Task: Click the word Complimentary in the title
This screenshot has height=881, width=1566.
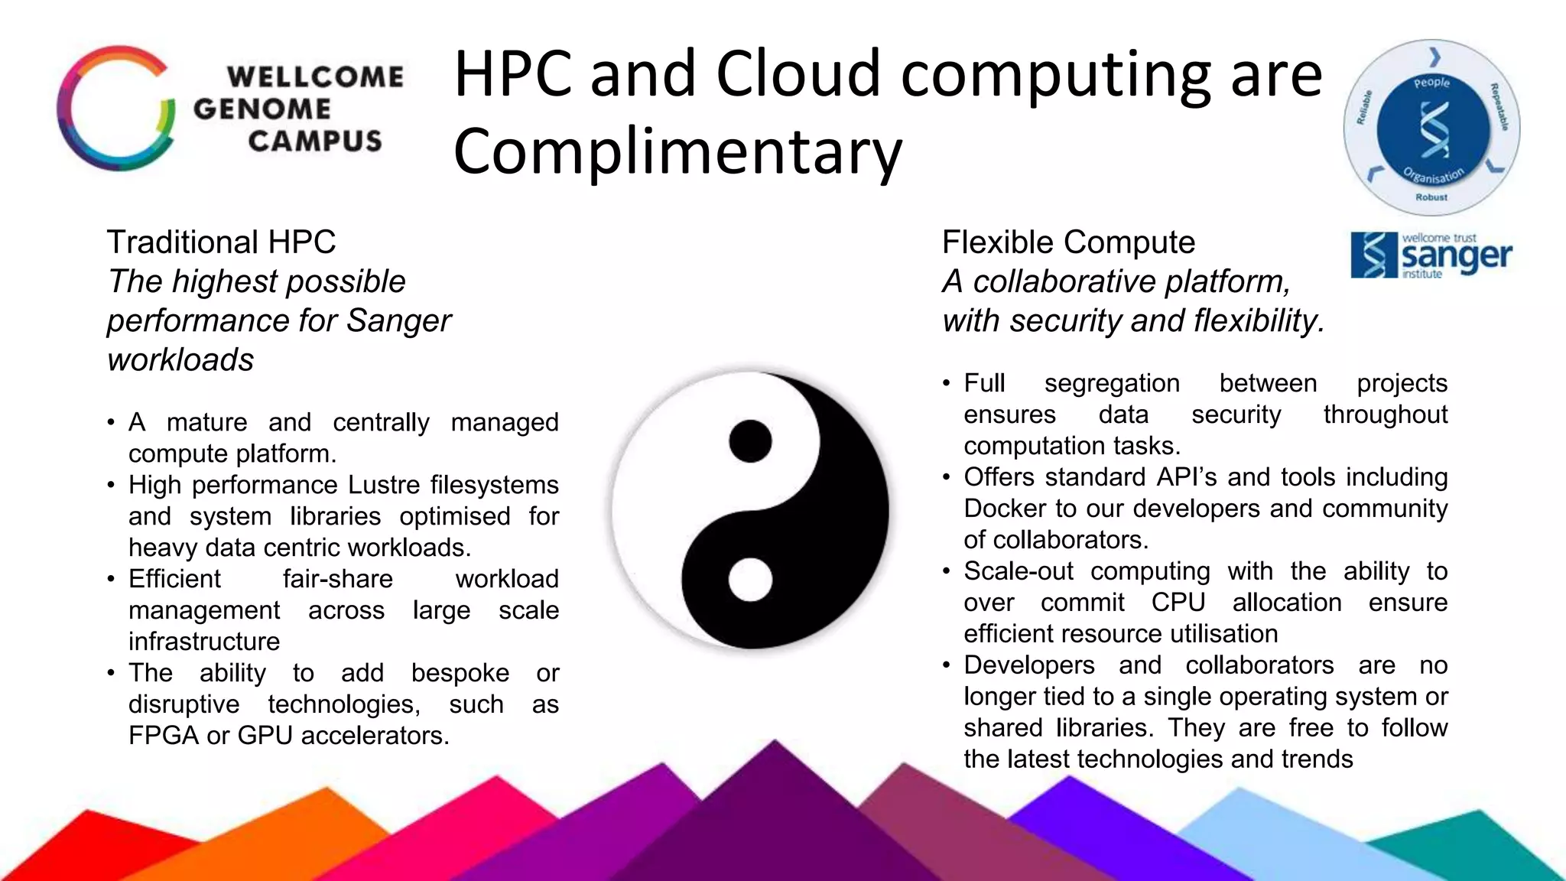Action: click(677, 151)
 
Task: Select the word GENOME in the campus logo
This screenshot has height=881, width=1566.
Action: click(262, 109)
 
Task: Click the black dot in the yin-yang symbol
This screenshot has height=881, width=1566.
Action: click(750, 441)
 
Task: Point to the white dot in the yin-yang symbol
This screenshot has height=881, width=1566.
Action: click(750, 580)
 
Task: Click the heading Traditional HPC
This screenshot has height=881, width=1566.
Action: click(221, 242)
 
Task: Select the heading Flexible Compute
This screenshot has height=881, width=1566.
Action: click(1068, 242)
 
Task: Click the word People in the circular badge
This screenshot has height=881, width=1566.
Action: click(1431, 82)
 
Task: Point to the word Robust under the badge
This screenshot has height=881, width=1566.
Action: click(1431, 197)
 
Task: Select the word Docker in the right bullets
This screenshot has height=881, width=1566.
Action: click(1005, 509)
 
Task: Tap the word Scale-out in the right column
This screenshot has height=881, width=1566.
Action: click(1019, 571)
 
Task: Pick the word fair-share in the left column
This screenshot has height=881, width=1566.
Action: click(337, 579)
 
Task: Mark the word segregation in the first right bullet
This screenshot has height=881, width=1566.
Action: click(1112, 383)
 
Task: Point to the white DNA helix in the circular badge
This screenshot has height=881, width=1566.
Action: click(1433, 129)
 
